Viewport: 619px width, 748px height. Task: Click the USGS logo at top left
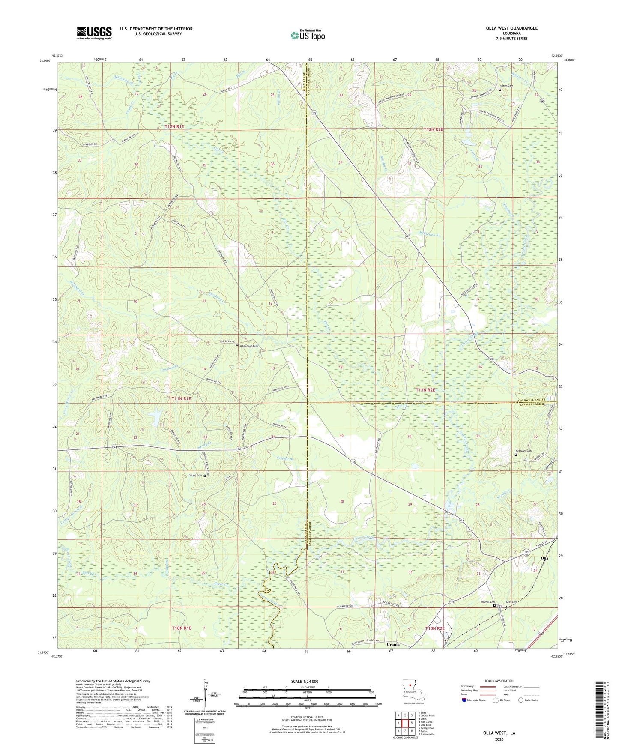[x=94, y=33]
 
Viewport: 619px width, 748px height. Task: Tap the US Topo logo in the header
[x=308, y=35]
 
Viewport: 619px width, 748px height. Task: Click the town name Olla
[x=545, y=558]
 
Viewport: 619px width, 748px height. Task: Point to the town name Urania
[x=393, y=644]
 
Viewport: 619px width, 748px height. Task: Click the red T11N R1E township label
[x=181, y=398]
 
